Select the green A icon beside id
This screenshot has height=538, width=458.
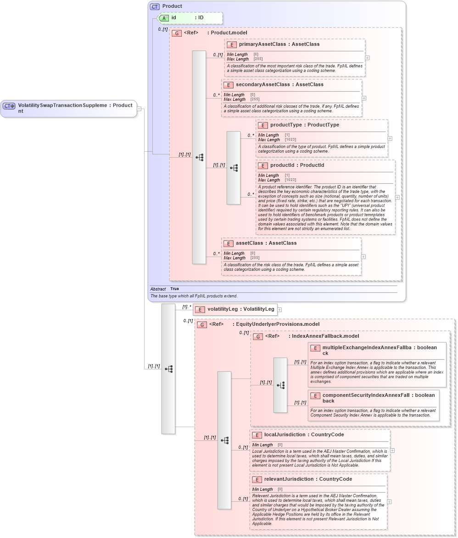click(x=164, y=18)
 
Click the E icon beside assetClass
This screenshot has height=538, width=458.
click(x=228, y=243)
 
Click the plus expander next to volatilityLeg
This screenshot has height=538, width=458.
click(x=279, y=310)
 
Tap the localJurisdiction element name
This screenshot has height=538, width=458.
click(x=285, y=435)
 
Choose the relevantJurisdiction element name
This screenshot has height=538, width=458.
click(x=289, y=479)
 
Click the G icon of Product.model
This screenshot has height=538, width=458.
click(x=176, y=33)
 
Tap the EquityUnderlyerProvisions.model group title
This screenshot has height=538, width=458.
click(x=278, y=324)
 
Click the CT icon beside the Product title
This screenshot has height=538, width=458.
click(x=155, y=6)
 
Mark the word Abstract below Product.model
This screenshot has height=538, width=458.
click(x=158, y=289)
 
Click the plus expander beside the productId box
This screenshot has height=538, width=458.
click(x=397, y=198)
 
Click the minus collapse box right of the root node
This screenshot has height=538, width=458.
click(x=139, y=109)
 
